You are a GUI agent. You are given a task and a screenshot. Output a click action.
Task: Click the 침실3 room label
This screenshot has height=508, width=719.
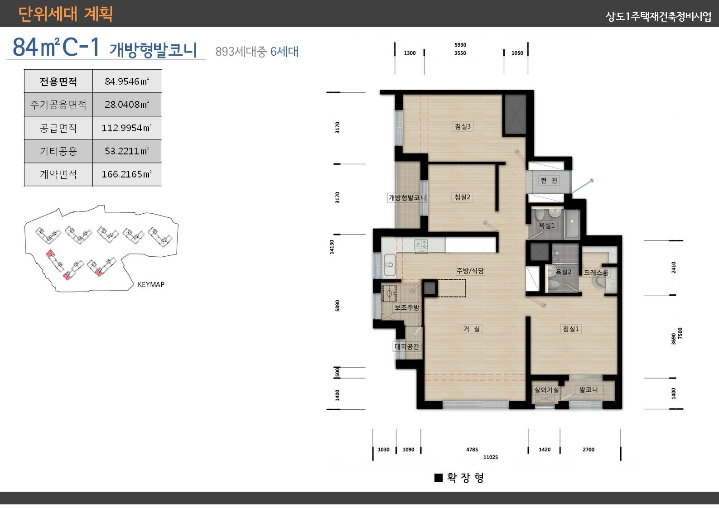[463, 126]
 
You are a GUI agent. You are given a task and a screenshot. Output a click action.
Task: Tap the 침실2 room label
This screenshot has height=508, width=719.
[463, 197]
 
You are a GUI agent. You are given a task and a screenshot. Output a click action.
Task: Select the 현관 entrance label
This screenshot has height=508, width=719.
[549, 180]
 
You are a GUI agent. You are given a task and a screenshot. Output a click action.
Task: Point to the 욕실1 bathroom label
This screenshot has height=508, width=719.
[546, 225]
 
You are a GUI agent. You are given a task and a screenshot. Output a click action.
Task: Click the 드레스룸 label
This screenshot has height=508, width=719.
[596, 272]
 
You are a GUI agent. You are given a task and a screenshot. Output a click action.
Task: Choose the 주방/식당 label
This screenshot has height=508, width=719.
[470, 271]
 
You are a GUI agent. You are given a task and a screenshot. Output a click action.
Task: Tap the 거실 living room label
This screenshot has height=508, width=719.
[471, 329]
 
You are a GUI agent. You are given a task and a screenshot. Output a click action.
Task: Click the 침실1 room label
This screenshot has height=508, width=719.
[570, 329]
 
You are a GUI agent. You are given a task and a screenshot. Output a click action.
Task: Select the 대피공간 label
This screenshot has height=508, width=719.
[407, 346]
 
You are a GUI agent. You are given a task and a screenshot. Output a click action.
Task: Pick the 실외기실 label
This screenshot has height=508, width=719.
[546, 389]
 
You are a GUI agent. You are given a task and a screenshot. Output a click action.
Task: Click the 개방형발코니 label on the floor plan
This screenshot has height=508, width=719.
[407, 197]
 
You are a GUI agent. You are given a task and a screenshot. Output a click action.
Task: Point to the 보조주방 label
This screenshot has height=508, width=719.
[407, 307]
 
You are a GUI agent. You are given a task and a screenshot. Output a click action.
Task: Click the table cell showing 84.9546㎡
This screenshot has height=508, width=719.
[126, 81]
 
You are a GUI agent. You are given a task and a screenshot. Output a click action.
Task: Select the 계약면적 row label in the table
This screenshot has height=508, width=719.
[58, 174]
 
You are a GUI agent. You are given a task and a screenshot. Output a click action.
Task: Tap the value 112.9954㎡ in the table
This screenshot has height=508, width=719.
[126, 128]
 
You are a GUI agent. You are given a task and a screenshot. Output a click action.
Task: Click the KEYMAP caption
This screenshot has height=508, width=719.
[151, 284]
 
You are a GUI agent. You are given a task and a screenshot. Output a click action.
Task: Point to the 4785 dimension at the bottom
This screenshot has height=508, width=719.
[472, 450]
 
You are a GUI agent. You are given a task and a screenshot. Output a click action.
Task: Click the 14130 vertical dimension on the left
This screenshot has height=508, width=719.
[332, 247]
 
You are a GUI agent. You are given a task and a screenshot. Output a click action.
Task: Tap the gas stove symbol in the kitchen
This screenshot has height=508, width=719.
[421, 245]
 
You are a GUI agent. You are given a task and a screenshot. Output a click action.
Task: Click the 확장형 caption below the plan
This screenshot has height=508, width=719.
[465, 478]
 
